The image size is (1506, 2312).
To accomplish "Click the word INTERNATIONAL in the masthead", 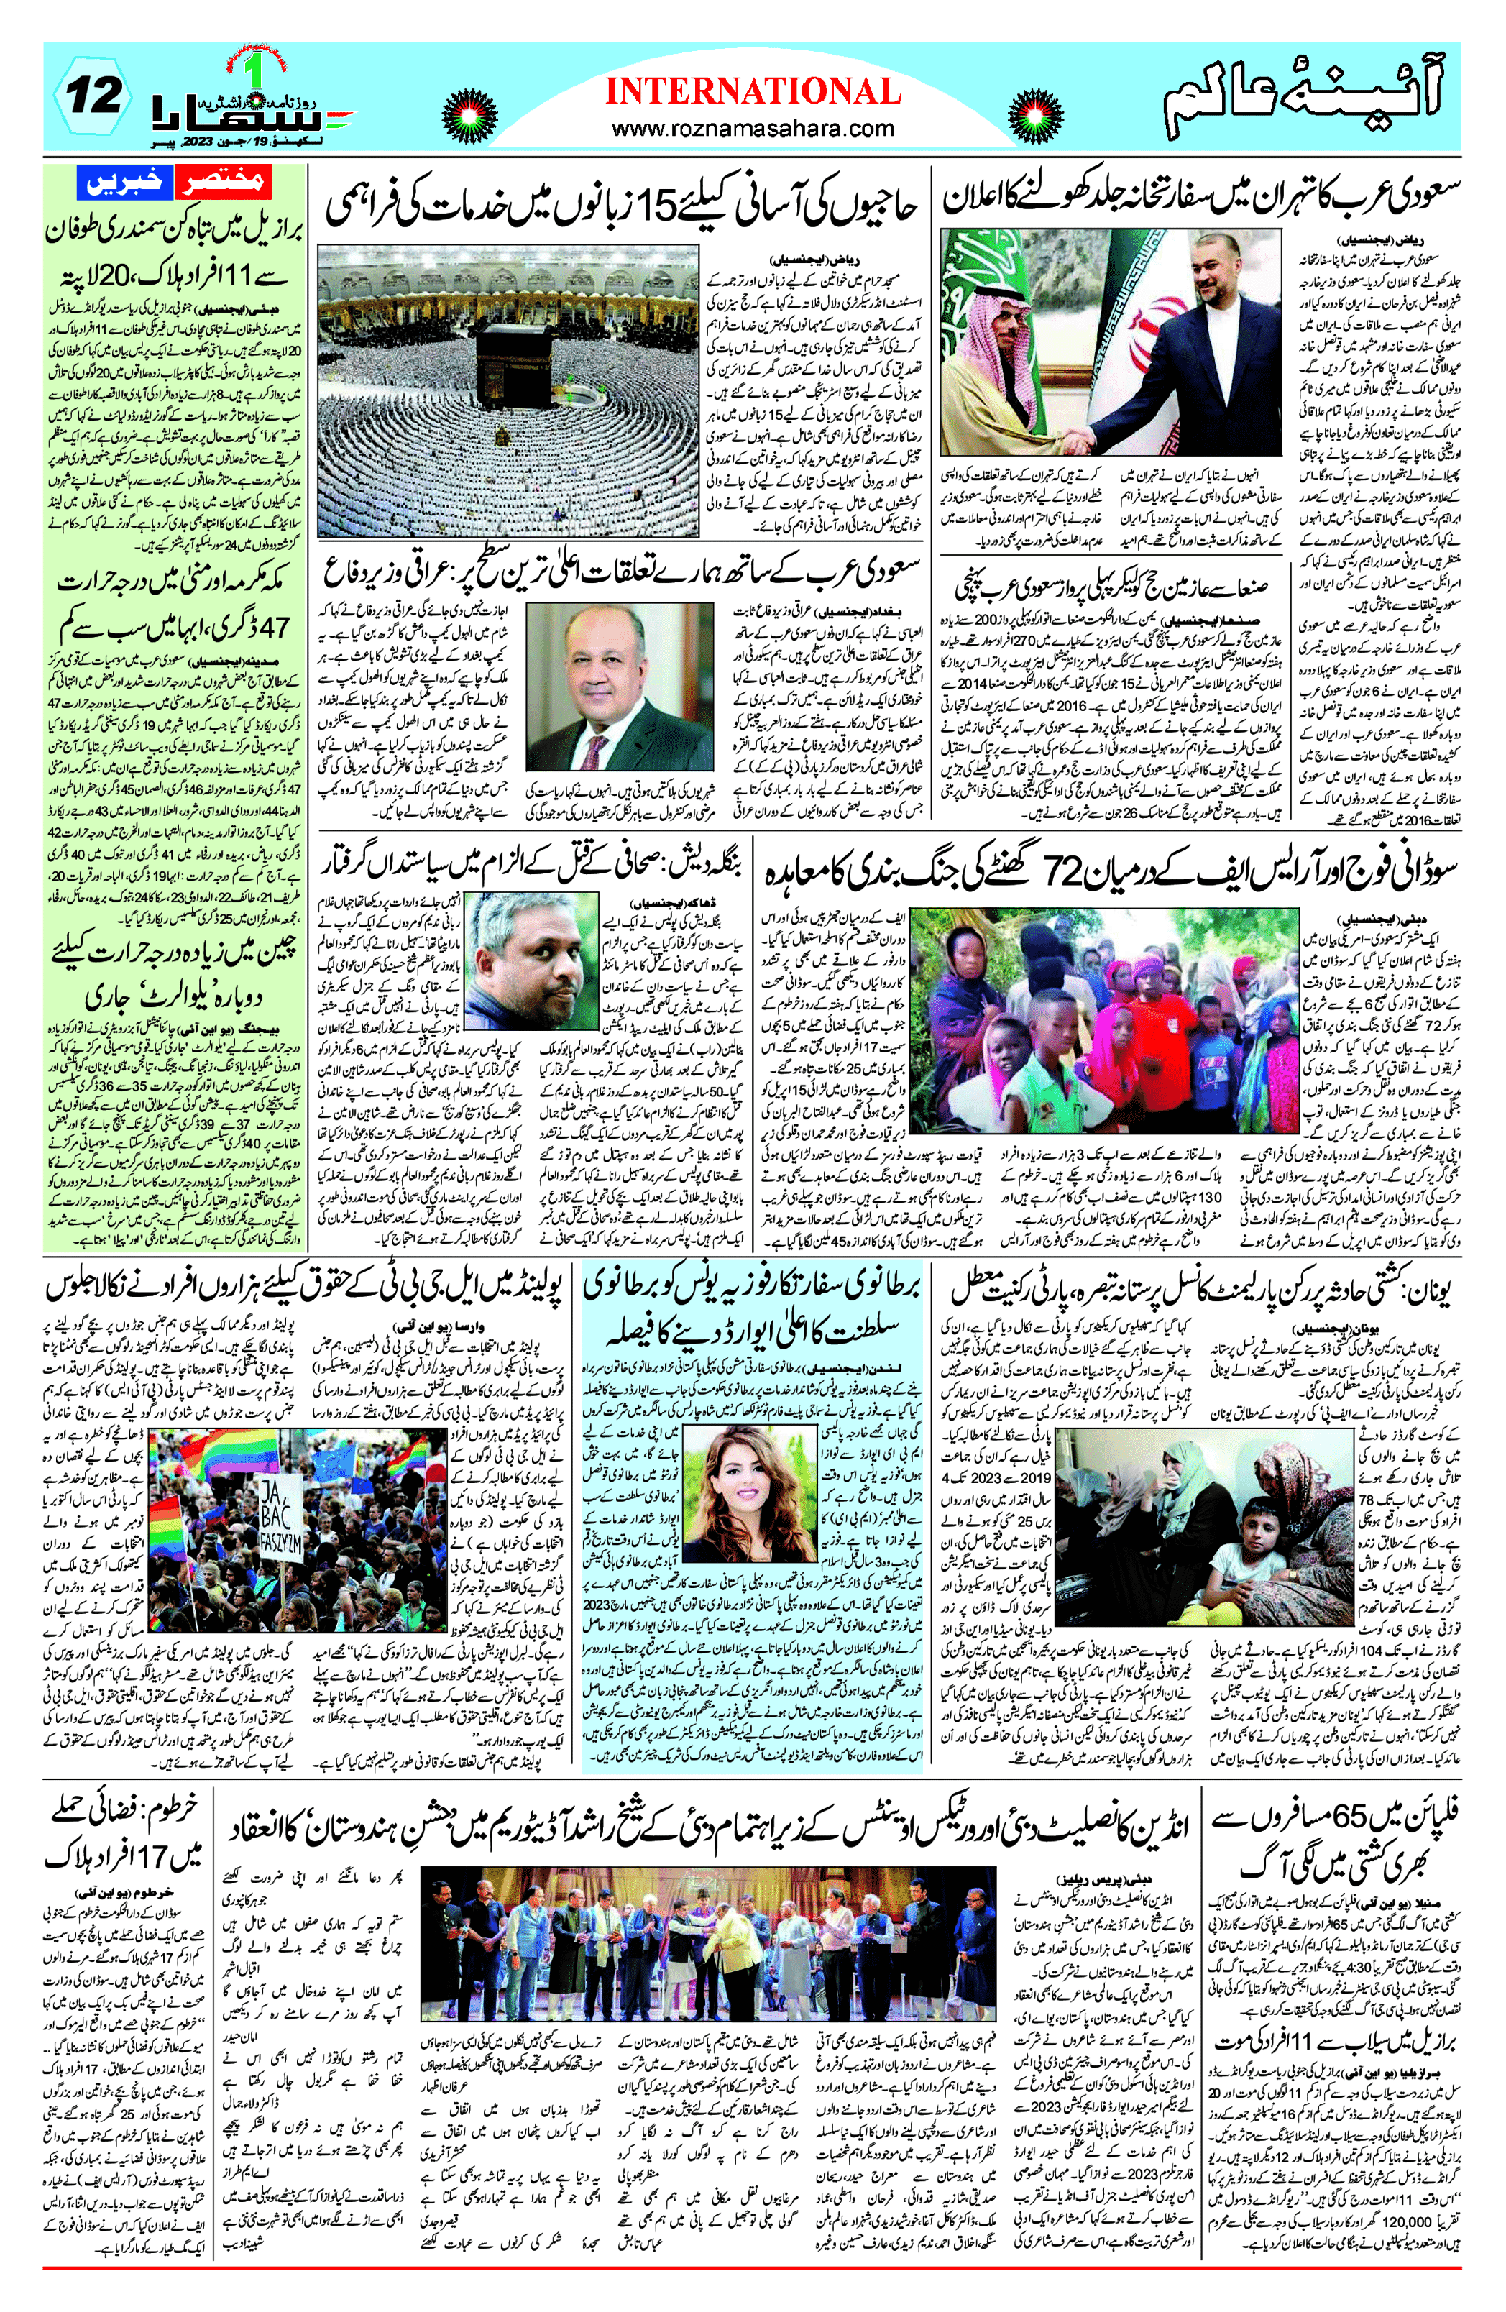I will coord(753,91).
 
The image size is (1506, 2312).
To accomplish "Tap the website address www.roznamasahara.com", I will coord(753,128).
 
